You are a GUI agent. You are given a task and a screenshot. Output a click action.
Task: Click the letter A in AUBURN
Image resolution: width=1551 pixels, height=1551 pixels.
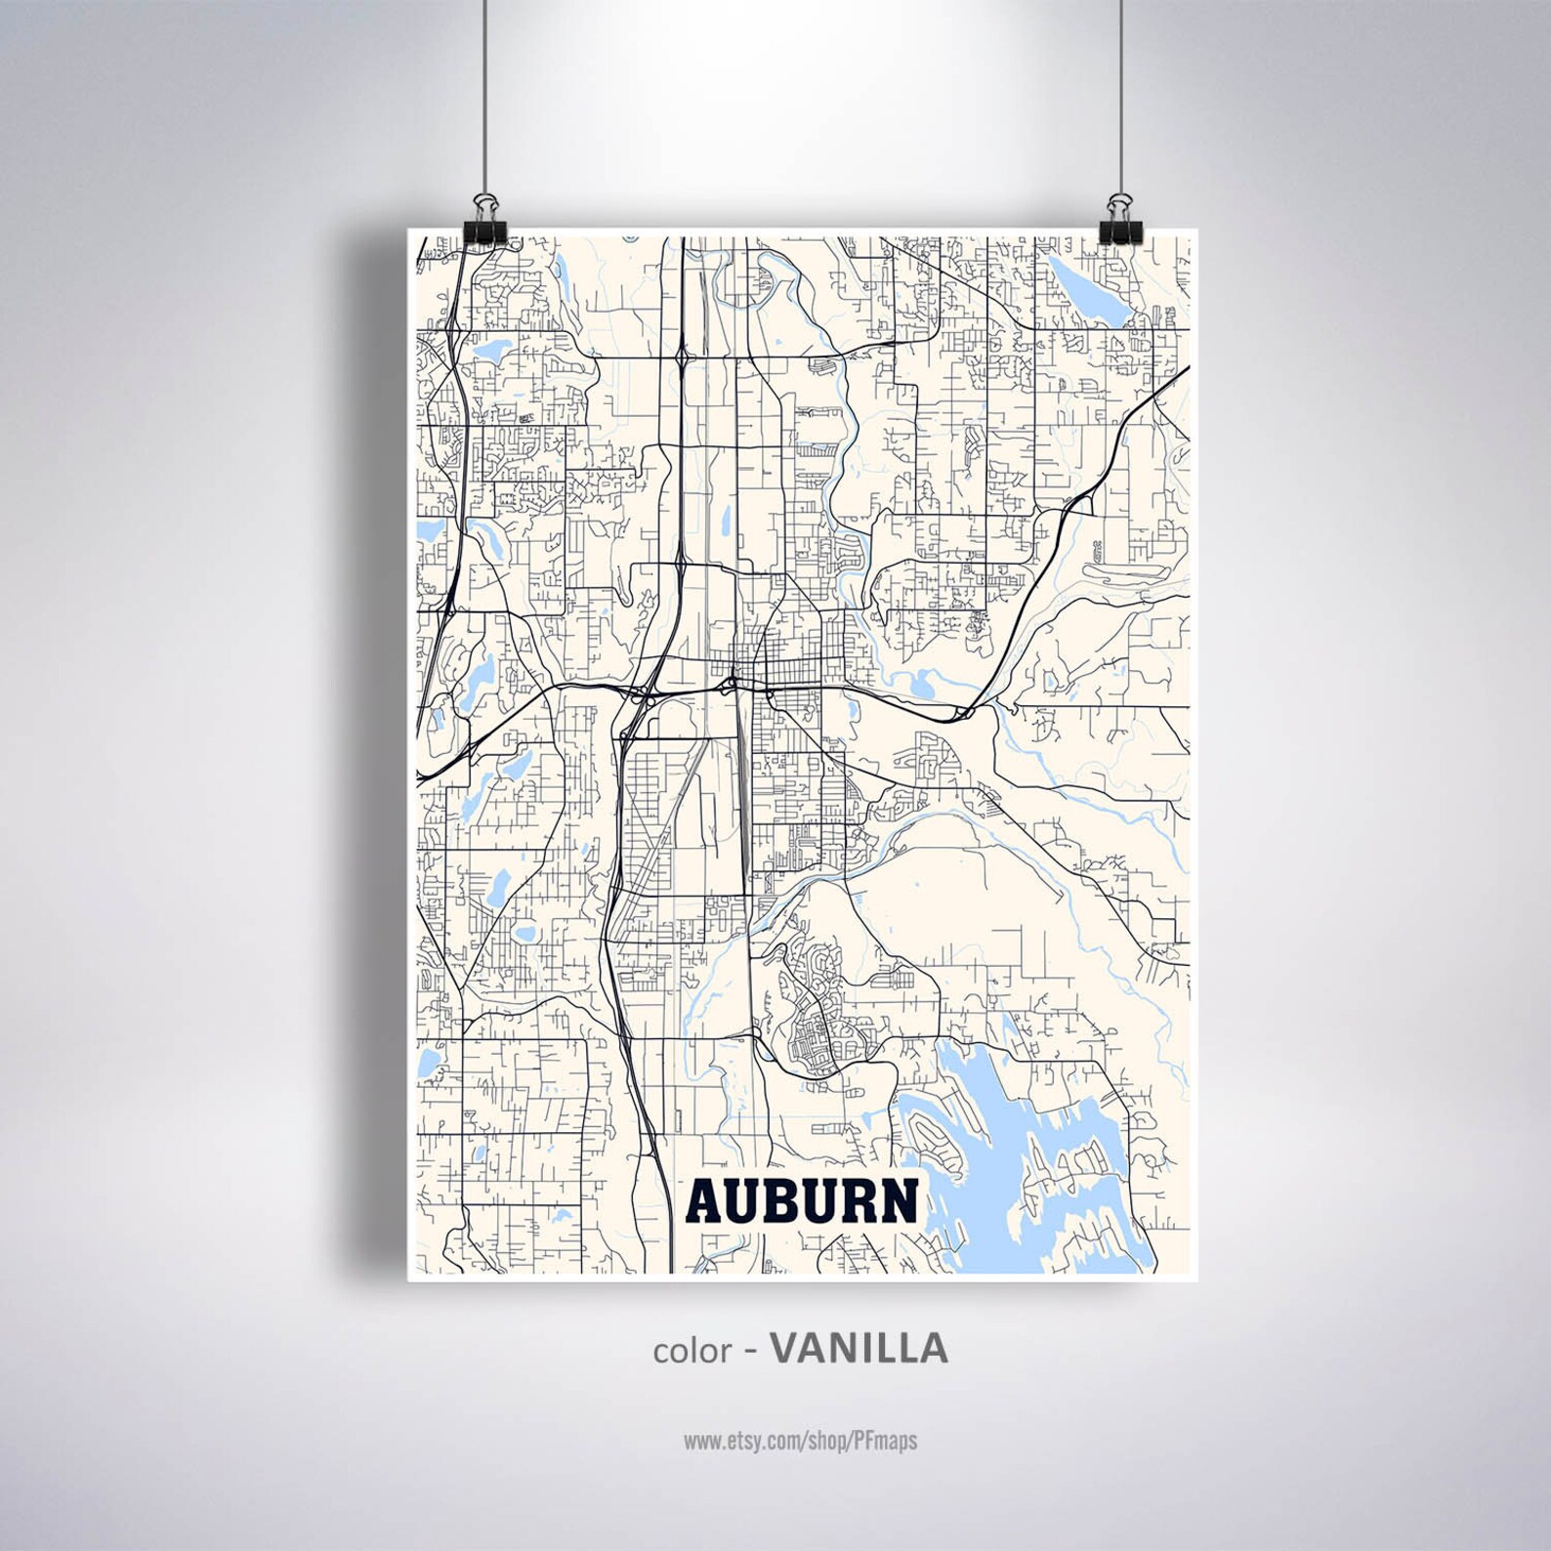pos(706,1200)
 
